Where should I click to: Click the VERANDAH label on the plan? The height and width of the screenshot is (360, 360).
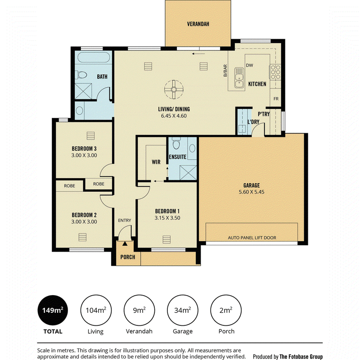[198, 24]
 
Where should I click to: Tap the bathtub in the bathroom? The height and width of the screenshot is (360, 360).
[94, 58]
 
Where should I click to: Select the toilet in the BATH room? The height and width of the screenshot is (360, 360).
[81, 75]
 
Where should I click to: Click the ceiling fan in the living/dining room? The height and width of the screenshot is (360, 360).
[174, 89]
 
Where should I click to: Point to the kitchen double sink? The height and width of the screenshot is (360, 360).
[239, 77]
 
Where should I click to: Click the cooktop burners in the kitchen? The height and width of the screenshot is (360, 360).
[275, 72]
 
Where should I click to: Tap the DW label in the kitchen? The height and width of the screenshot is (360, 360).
[249, 65]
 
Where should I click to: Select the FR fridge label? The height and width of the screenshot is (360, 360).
[276, 99]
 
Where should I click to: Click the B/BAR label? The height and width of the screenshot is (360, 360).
[225, 71]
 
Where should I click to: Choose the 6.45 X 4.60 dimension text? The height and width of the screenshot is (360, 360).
[174, 116]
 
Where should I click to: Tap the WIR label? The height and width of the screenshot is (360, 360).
[156, 162]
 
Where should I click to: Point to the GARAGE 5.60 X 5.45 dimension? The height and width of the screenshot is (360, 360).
[252, 192]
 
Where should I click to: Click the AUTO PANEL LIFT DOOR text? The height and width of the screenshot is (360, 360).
[252, 238]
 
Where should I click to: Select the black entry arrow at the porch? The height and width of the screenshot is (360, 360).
[125, 243]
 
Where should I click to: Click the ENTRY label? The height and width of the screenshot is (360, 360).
[125, 220]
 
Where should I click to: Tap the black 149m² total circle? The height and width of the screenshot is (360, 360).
[53, 310]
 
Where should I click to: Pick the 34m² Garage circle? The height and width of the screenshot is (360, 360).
[183, 310]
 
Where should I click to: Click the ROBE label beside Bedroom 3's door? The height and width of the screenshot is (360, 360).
[99, 184]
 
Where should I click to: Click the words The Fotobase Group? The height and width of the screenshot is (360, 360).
[301, 356]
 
